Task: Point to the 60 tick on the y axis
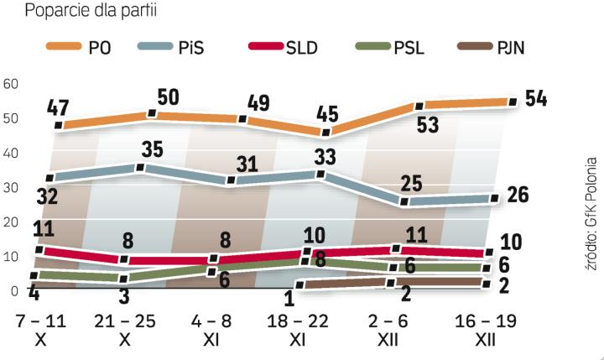tap(10, 83)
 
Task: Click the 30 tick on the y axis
tap(10, 187)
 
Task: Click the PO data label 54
tap(535, 98)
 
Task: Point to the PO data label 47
tap(57, 108)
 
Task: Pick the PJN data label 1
tap(289, 298)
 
